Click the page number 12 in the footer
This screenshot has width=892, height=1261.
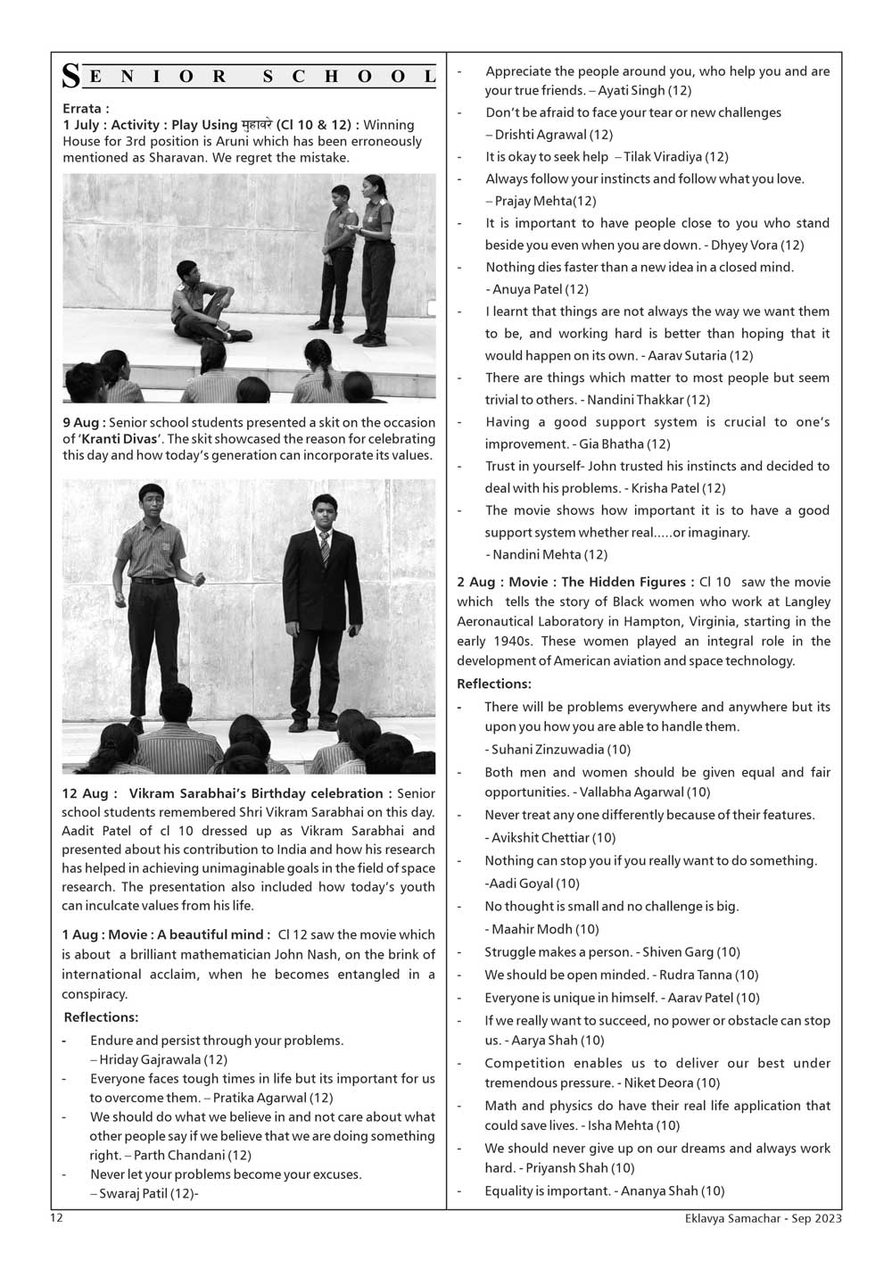coord(56,1217)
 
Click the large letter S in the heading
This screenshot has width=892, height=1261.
coord(70,78)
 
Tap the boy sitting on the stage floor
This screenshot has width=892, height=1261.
coord(202,302)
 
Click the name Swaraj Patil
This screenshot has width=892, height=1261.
coord(134,1193)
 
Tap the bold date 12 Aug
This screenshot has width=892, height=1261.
coord(85,793)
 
